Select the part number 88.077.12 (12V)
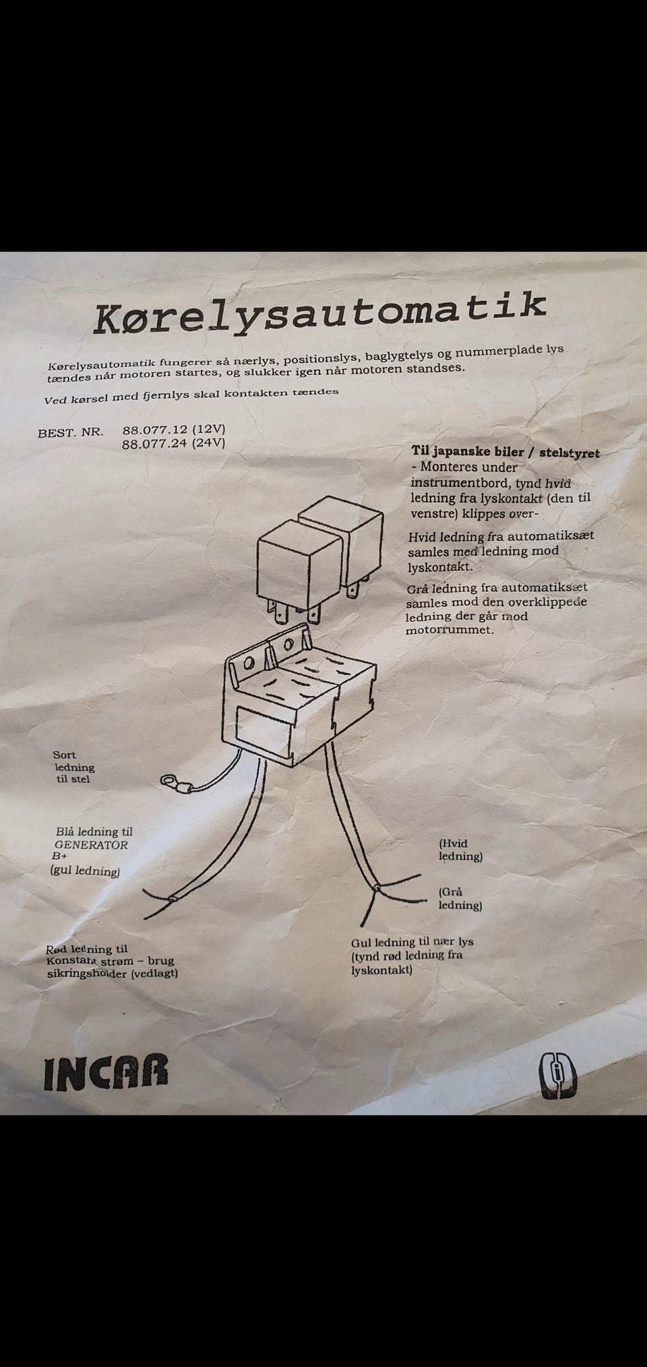173,429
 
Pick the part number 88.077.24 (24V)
173,443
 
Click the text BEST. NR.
71,432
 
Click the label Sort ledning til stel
74,767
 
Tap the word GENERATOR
91,844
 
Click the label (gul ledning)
85,871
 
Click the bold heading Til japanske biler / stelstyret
505,452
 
